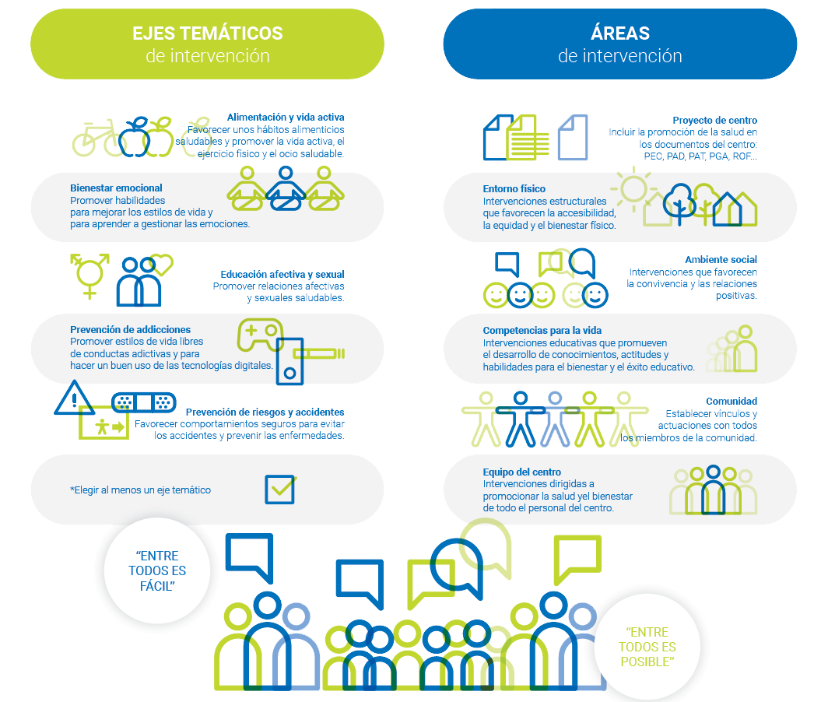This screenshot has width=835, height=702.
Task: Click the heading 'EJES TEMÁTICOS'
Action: [207, 33]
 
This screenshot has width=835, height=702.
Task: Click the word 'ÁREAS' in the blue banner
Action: [619, 33]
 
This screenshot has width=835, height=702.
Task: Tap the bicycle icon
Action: [96, 139]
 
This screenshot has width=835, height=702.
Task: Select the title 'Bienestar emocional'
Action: [116, 188]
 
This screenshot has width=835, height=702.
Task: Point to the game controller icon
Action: [259, 335]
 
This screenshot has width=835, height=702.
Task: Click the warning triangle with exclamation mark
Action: [75, 398]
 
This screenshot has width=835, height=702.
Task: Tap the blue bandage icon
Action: [143, 402]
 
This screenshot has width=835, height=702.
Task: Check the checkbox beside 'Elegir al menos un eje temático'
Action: [280, 489]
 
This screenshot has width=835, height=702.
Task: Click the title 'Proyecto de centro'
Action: [714, 121]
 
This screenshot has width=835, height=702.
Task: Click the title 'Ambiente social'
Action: [721, 259]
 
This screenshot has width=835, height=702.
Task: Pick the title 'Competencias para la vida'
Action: [542, 331]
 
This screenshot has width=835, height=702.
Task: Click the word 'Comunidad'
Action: [732, 402]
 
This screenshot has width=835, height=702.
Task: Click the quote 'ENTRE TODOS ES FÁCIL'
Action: [158, 571]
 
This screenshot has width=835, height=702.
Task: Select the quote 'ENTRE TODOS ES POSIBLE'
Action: [647, 647]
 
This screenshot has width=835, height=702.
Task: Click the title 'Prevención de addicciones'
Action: [130, 330]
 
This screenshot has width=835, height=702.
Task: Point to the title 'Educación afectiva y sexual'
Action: [282, 275]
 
